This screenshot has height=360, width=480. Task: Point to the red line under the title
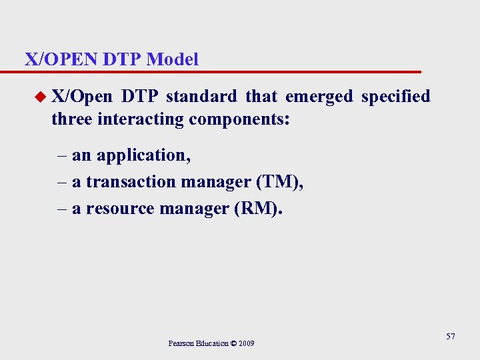point(220,71)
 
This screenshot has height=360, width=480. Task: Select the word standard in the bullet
point(201,97)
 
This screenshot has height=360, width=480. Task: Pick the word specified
point(395,97)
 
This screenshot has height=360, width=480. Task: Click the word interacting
point(141,119)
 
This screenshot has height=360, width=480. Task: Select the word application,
point(143,155)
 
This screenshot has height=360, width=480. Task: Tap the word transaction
point(127,182)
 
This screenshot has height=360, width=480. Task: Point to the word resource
point(119,209)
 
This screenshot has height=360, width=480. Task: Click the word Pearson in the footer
point(181,343)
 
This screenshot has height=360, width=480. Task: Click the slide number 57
point(451,337)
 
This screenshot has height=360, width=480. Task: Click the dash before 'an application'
point(61,155)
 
